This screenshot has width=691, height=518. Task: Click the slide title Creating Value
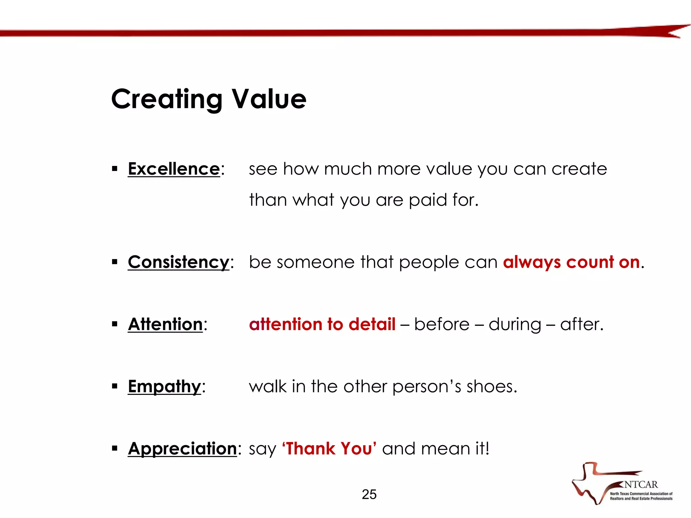pyautogui.click(x=209, y=99)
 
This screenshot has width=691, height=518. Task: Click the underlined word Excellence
pyautogui.click(x=174, y=169)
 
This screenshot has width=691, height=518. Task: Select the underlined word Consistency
pyautogui.click(x=178, y=262)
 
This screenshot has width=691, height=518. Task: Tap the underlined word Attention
pyautogui.click(x=165, y=324)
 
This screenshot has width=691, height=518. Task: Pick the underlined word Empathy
pyautogui.click(x=164, y=386)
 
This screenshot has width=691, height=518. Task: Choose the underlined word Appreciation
pyautogui.click(x=182, y=449)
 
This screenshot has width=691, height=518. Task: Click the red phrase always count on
pyautogui.click(x=571, y=262)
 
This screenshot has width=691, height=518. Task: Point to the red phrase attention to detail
pyautogui.click(x=322, y=324)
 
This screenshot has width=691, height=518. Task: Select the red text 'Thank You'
pyautogui.click(x=329, y=449)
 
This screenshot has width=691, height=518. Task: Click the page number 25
pyautogui.click(x=369, y=494)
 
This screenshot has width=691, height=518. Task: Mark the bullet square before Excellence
pyautogui.click(x=115, y=168)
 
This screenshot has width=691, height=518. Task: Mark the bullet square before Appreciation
pyautogui.click(x=115, y=448)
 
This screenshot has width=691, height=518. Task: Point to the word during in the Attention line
pyautogui.click(x=515, y=325)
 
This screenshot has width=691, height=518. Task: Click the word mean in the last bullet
pyautogui.click(x=445, y=449)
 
